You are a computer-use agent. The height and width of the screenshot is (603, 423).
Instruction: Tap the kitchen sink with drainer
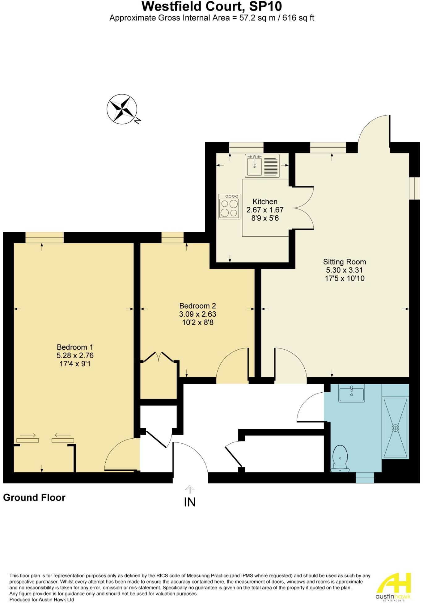point(262,166)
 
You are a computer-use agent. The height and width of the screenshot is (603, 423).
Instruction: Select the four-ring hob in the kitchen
point(229,206)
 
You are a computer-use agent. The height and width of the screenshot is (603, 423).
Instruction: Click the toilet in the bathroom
point(340,459)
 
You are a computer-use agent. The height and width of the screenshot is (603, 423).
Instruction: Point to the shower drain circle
point(395,428)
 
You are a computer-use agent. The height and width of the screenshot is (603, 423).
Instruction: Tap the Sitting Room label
point(344,262)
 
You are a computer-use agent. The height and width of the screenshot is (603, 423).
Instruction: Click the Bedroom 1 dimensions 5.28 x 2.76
point(75,355)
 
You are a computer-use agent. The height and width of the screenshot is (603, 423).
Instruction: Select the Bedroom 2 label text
point(197,306)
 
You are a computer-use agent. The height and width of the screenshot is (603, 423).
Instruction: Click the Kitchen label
point(265,201)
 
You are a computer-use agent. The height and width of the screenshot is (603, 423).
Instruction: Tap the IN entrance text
point(190,502)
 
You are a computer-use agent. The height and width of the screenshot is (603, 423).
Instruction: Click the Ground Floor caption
point(34,498)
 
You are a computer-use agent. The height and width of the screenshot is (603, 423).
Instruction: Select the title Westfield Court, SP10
point(212,6)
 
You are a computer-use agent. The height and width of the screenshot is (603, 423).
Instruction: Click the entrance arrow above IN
point(190,489)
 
